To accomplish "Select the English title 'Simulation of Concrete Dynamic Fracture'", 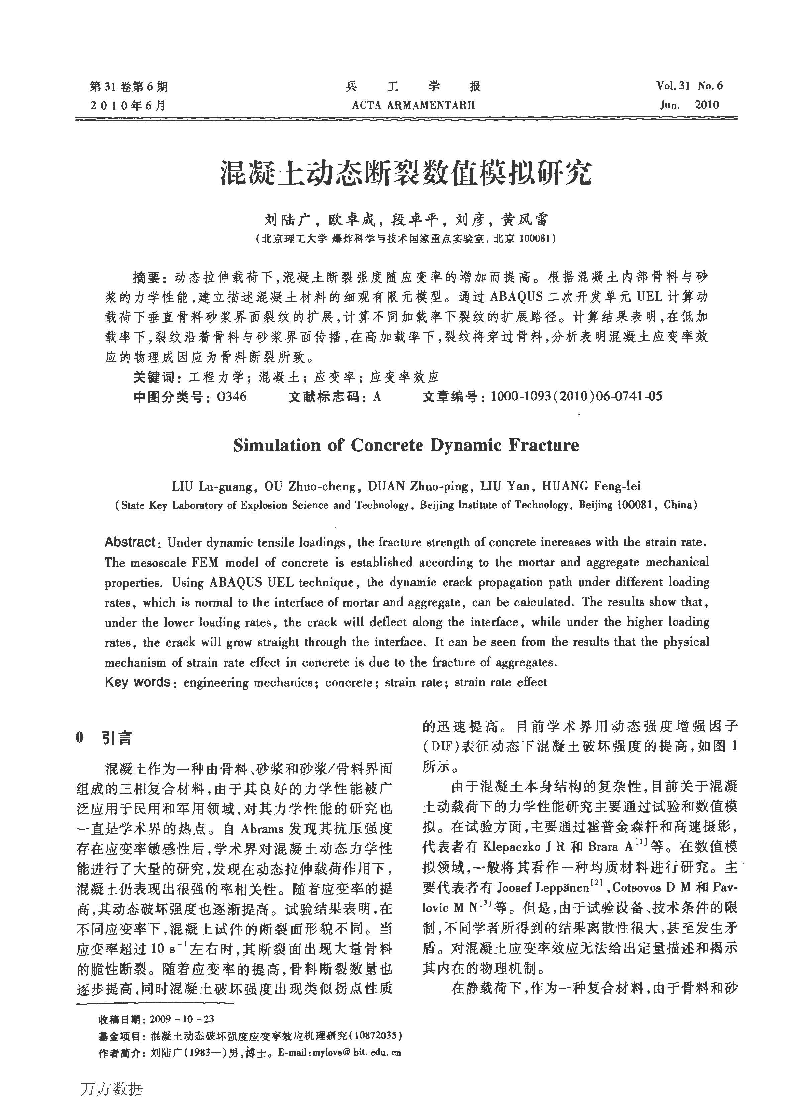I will pos(406,445).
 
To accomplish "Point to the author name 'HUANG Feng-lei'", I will pos(591,486).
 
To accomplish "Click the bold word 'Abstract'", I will pos(130,542).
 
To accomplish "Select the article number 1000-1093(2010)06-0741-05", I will pos(576,396).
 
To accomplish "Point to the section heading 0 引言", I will pos(104,738).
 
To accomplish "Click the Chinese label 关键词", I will pos(153,377).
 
